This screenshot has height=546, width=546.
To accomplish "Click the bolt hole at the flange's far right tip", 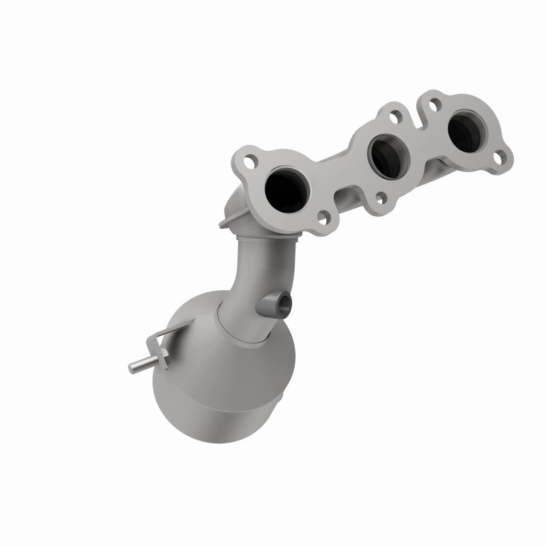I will tap(503, 156).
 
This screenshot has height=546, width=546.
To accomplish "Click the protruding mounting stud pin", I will tap(136, 366).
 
